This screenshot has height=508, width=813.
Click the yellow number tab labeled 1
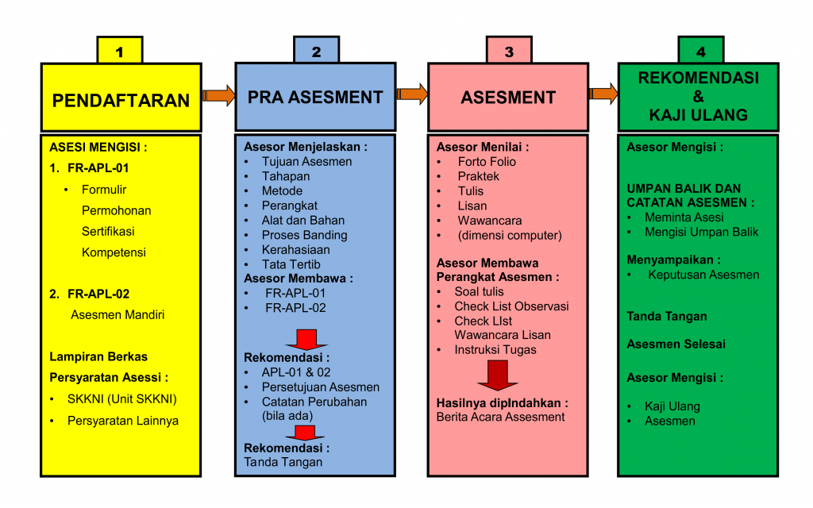pyautogui.click(x=120, y=51)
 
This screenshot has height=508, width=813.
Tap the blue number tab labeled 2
pyautogui.click(x=316, y=51)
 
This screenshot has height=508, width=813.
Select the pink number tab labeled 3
pyautogui.click(x=509, y=51)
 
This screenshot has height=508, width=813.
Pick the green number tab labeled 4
pyautogui.click(x=700, y=51)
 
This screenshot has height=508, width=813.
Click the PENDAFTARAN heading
pyautogui.click(x=121, y=100)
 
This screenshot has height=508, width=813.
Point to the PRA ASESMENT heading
pyautogui.click(x=315, y=97)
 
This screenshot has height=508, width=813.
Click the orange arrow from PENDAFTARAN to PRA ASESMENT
pyautogui.click(x=219, y=95)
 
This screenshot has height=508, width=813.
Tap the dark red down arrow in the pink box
pyautogui.click(x=498, y=375)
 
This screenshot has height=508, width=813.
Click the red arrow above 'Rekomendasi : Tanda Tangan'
pyautogui.click(x=305, y=432)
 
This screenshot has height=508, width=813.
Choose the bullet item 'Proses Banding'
pyautogui.click(x=304, y=235)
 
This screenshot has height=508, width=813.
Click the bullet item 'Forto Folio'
pyautogui.click(x=487, y=162)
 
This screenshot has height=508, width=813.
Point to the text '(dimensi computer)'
pyautogui.click(x=509, y=235)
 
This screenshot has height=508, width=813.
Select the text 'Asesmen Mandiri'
pyautogui.click(x=118, y=314)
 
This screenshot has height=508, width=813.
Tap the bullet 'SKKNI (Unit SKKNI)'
pyautogui.click(x=121, y=398)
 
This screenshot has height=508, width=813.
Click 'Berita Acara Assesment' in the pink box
pyautogui.click(x=500, y=417)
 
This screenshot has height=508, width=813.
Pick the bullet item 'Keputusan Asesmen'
pyautogui.click(x=703, y=275)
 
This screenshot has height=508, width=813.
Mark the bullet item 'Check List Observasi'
pyautogui.click(x=511, y=306)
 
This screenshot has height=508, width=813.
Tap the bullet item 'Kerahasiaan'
pyautogui.click(x=295, y=249)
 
